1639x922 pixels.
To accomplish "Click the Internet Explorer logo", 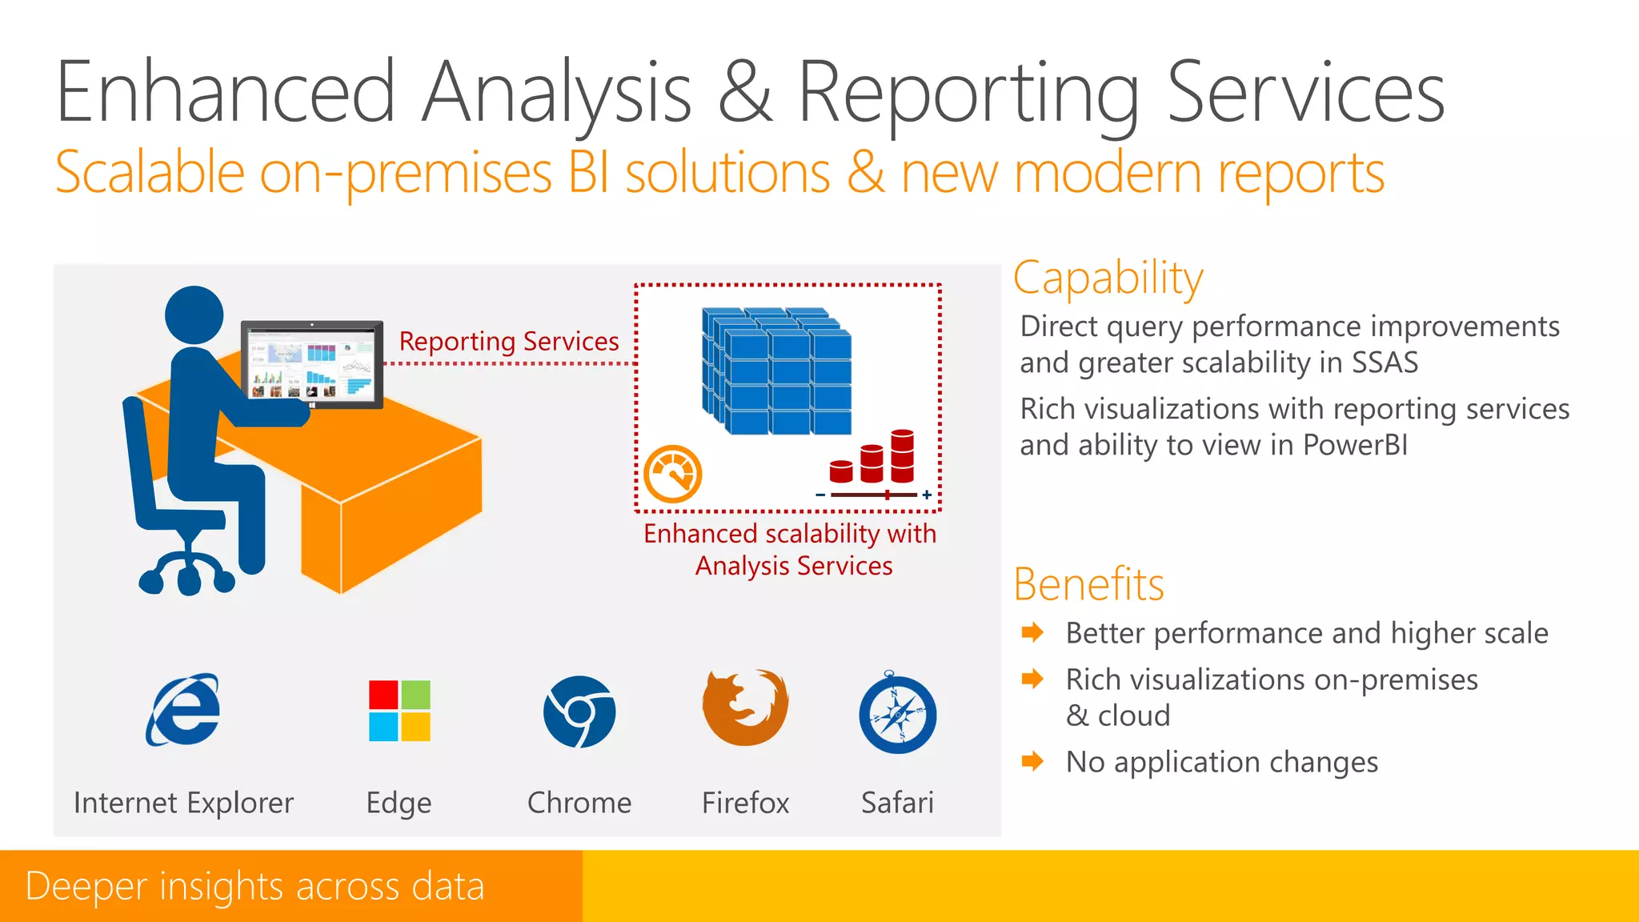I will click(183, 710).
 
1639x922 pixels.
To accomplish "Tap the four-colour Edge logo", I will click(399, 711).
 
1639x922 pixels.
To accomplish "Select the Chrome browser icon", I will click(579, 712).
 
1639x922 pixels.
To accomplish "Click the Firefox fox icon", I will click(745, 708).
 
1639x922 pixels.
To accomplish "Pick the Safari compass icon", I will click(897, 714).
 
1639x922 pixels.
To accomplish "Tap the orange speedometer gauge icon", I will click(673, 475).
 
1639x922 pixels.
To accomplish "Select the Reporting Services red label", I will click(509, 342).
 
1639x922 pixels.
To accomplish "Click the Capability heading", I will click(1108, 279).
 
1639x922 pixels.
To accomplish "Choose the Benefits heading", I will click(1088, 584).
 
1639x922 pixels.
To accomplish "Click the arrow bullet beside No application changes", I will click(1032, 761).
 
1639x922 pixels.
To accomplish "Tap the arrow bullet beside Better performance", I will click(1032, 632).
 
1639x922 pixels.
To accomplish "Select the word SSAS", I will click(1385, 363).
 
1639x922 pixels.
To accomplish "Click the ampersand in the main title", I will click(744, 94).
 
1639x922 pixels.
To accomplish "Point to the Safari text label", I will click(897, 803).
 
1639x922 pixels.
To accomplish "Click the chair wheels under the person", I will click(187, 574).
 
